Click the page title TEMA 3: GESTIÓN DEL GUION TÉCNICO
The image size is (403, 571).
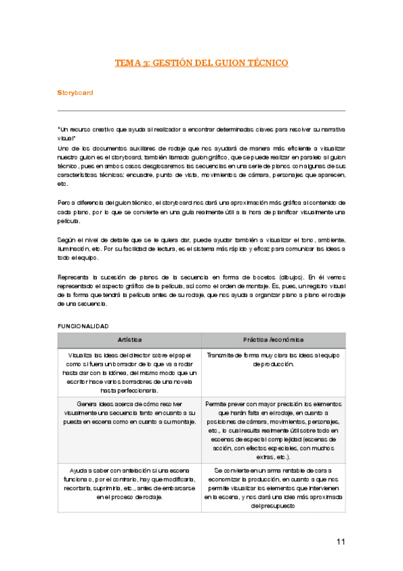pos(201,63)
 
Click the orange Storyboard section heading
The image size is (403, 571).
pos(75,92)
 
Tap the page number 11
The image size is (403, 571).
pos(340,541)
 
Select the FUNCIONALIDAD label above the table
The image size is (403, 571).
pos(83,326)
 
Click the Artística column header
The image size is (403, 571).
pos(129,339)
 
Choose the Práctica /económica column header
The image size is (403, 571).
pos(273,339)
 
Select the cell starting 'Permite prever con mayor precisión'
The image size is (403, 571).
pos(273,429)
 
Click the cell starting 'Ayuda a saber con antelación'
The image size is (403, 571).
pos(129,483)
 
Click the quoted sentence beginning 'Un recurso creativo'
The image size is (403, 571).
pos(201,133)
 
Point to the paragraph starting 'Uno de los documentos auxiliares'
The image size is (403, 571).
pos(201,165)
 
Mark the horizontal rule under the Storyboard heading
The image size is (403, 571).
pos(201,110)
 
